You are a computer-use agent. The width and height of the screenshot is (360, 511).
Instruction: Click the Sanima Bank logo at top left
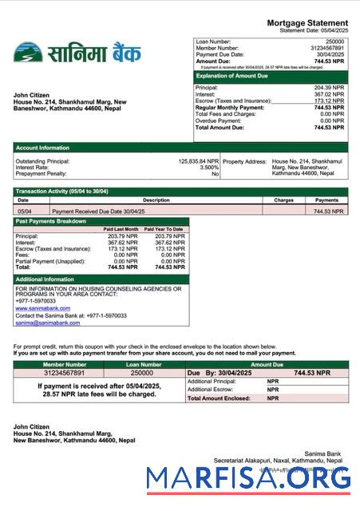coord(77,53)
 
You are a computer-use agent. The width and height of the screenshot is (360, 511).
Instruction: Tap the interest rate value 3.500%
coord(209,168)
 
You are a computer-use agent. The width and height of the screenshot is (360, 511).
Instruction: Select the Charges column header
coord(284,200)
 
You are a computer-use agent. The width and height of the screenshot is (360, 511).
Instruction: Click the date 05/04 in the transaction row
coord(24,212)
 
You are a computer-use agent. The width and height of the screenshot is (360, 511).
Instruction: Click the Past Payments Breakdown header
coord(51,221)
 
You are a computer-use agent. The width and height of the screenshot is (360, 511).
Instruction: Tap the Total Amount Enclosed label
coord(216,398)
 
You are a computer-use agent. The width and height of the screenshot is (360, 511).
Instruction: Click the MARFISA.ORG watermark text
coord(249,478)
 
